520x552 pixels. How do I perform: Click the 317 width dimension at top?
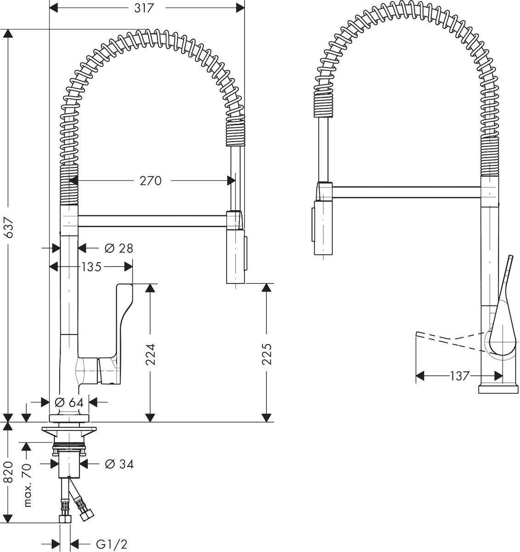pos(143,8)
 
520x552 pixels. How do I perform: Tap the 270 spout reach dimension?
pos(151,181)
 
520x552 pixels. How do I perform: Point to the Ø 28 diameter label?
pos(119,248)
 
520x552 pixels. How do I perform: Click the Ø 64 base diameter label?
pos(69,402)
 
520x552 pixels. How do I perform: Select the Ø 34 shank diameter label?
pos(119,464)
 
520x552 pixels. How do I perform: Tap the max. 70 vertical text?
pos(28,485)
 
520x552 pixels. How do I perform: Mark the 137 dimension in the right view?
pos(459,376)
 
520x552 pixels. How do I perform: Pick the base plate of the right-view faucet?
pos(497,390)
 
